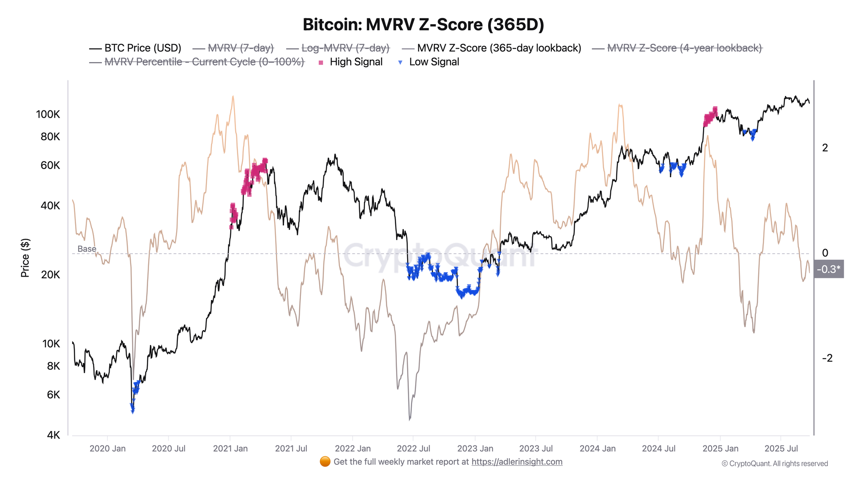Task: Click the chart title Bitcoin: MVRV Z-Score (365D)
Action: [423, 25]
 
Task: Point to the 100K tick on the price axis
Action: [48, 114]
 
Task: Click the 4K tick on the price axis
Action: [53, 435]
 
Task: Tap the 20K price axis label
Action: [51, 274]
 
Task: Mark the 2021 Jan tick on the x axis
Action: [230, 449]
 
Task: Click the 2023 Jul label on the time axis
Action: [536, 449]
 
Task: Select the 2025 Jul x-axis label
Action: [781, 449]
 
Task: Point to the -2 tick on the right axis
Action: [827, 358]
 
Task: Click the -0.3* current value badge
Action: [828, 269]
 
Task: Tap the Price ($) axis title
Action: [25, 258]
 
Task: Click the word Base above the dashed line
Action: [87, 249]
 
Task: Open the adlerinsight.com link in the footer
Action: [517, 462]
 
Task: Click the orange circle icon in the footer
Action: [325, 461]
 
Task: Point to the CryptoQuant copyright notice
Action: [775, 464]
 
